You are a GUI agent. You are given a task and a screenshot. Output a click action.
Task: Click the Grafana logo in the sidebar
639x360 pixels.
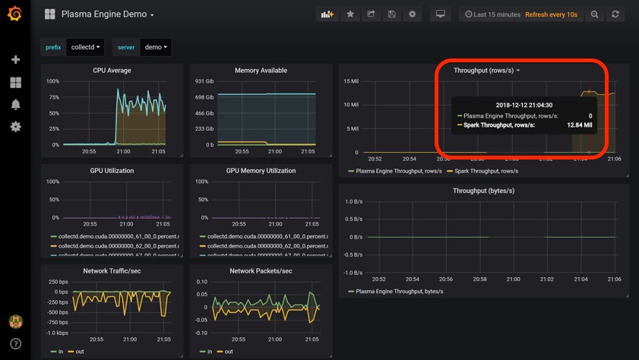(15, 14)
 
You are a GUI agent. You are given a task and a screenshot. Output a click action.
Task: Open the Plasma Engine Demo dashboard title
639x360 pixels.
(107, 14)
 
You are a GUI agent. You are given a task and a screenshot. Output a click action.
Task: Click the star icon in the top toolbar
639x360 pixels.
(350, 14)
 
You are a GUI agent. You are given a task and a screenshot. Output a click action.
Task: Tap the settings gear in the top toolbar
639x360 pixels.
(413, 14)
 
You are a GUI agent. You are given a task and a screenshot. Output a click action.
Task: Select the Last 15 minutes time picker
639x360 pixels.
(493, 14)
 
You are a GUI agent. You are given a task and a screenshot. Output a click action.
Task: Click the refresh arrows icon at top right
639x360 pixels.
(615, 14)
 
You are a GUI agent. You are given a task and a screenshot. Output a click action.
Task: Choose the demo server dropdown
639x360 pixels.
(156, 47)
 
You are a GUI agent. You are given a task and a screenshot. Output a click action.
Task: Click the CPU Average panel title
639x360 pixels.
(112, 71)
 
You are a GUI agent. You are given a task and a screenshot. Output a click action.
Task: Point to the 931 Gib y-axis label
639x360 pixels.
(204, 81)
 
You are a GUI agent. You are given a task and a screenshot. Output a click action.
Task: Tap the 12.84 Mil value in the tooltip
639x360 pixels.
(580, 125)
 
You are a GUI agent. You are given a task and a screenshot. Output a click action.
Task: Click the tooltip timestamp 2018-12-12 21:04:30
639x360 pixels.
(524, 105)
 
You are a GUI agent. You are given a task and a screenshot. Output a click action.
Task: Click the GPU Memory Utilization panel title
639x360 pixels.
(261, 171)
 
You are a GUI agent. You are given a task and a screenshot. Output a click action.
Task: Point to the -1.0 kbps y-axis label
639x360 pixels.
(58, 333)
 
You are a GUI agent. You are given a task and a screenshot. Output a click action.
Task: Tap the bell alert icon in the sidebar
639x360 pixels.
(15, 105)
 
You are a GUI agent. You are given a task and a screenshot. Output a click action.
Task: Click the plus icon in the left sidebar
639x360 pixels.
(15, 59)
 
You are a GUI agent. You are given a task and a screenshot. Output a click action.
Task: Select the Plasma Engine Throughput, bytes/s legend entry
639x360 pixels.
(399, 291)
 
